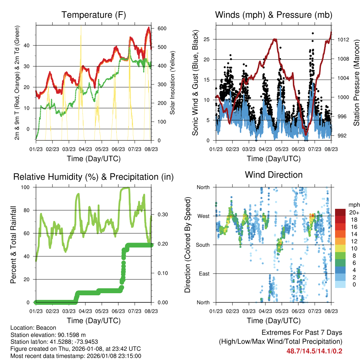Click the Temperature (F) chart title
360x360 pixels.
(x=94, y=15)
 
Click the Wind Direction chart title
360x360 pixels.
(x=274, y=175)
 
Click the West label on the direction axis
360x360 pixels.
(x=203, y=216)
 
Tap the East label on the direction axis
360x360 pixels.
(x=204, y=274)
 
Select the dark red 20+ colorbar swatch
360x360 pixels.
(x=340, y=212)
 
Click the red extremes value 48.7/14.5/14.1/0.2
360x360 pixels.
(x=315, y=351)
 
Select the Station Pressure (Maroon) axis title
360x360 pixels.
(x=356, y=83)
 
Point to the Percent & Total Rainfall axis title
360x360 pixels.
(x=13, y=245)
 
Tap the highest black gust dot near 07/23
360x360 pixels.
(x=313, y=33)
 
